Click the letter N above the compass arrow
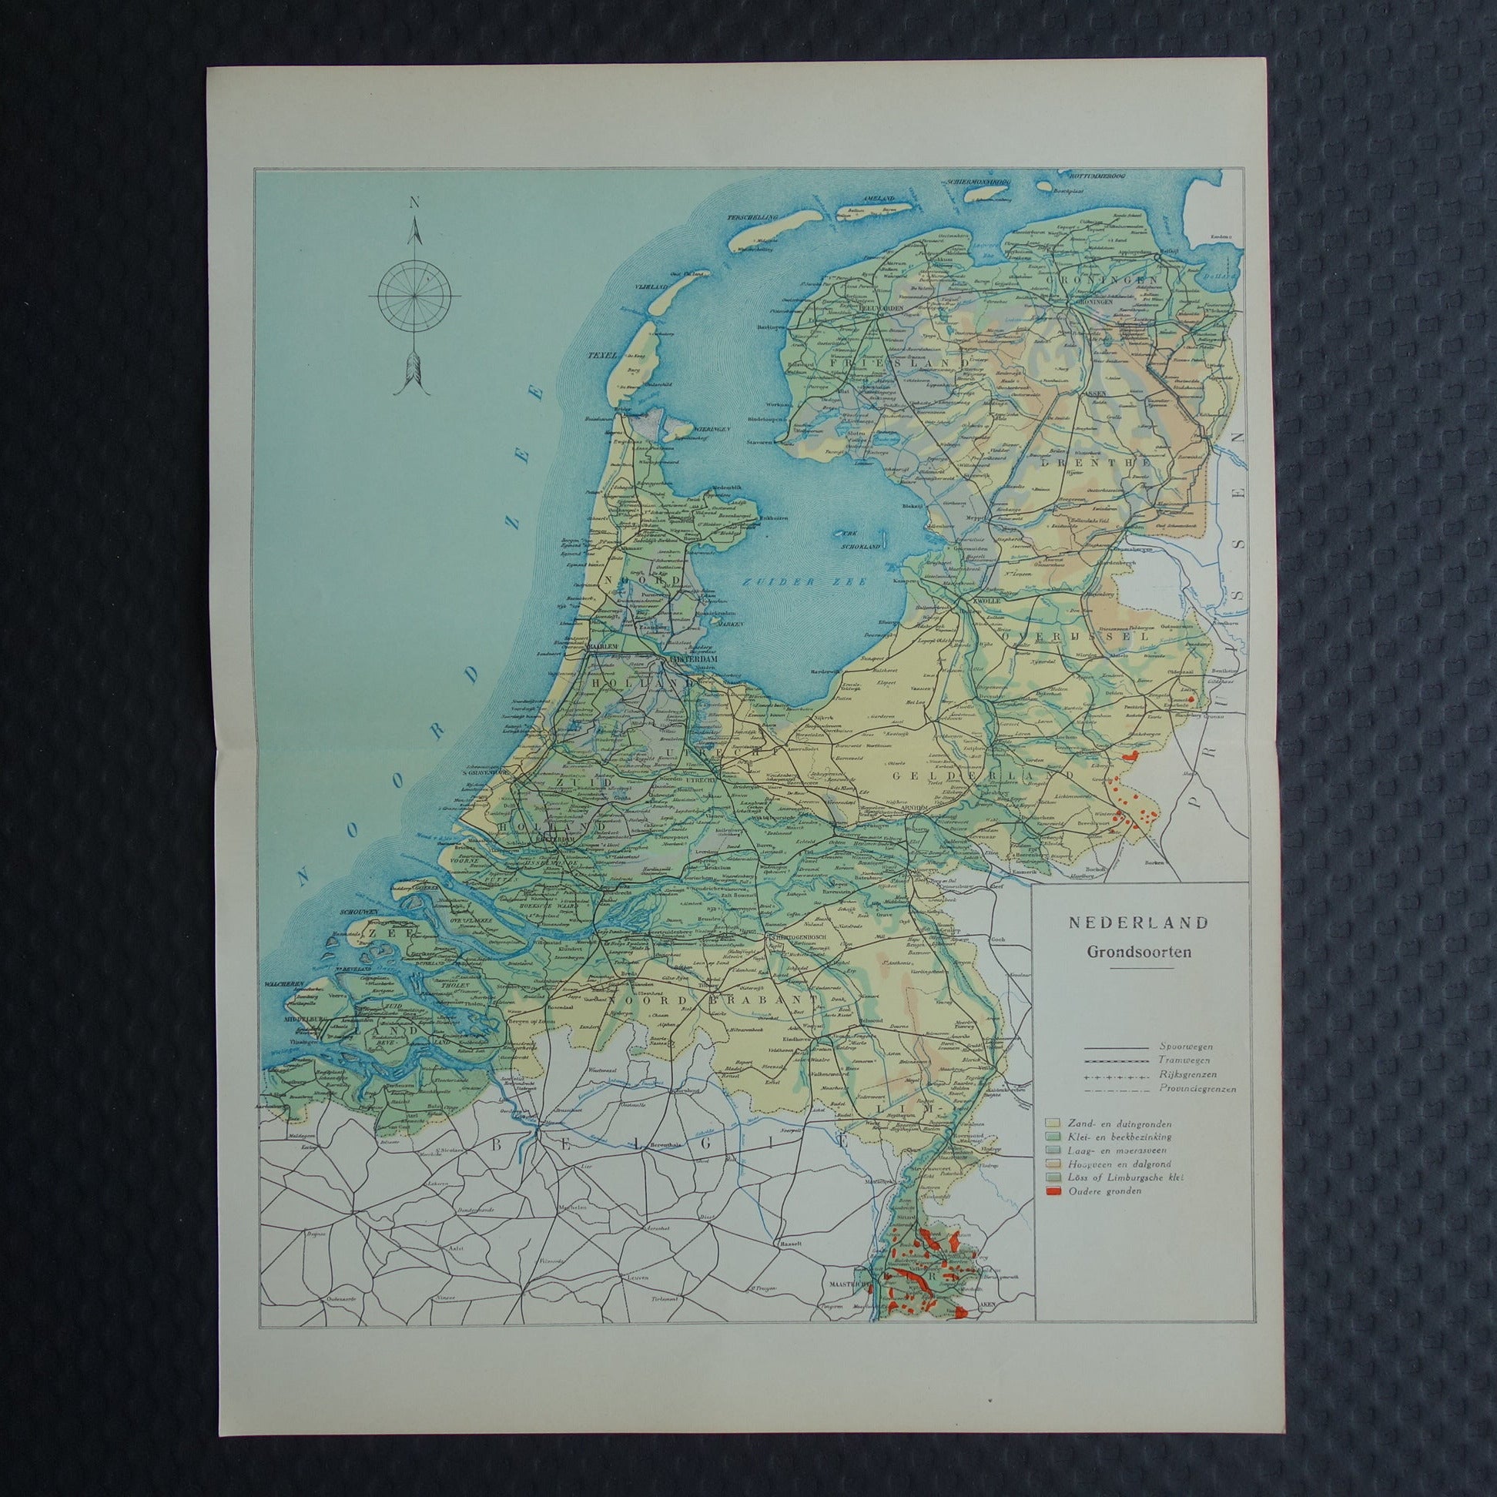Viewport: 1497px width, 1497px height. (414, 203)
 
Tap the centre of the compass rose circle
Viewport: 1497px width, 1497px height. (414, 296)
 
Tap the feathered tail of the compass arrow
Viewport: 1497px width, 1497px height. (414, 377)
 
